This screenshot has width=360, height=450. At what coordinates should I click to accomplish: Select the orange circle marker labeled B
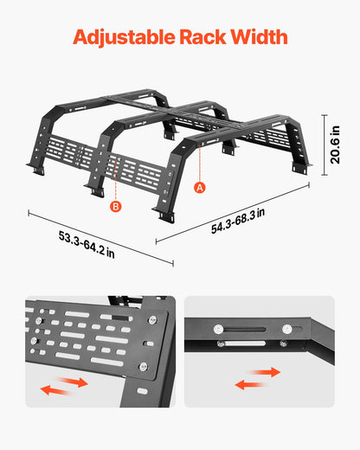click(x=115, y=207)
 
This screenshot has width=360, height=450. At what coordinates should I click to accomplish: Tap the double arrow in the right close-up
click(x=257, y=377)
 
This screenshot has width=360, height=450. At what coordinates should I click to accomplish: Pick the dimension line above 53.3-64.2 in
click(x=101, y=239)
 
